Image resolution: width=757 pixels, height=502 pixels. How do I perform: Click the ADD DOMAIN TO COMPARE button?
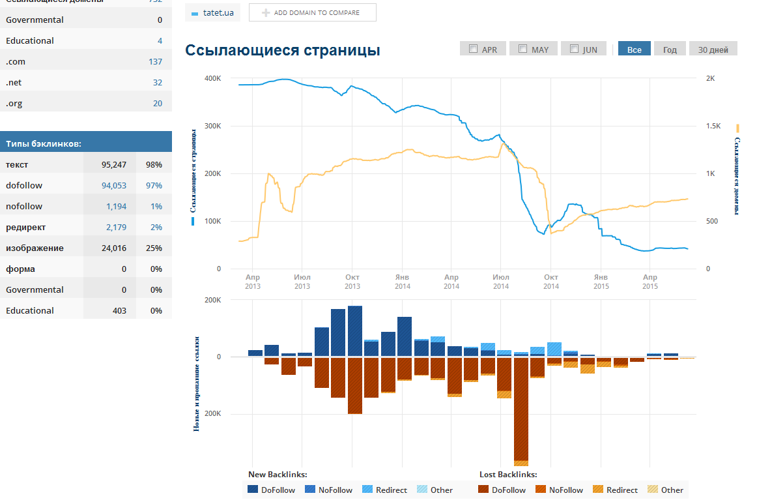click(313, 12)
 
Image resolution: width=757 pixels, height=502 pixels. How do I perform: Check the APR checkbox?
click(474, 49)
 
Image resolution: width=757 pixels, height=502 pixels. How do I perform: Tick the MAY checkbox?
click(523, 49)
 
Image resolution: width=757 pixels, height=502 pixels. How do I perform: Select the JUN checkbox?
click(574, 49)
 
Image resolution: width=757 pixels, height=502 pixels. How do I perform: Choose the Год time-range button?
click(670, 50)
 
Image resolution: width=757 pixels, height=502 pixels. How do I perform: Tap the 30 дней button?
click(713, 50)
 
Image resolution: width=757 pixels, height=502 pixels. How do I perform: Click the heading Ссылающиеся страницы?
click(283, 50)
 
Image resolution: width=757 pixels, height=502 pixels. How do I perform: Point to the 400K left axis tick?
click(212, 78)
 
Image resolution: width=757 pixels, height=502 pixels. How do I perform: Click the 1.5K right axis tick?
click(714, 126)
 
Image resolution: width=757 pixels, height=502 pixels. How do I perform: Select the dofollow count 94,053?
click(114, 186)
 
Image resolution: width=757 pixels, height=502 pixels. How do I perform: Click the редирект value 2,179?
click(116, 228)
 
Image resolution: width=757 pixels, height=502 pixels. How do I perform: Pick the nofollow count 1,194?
click(116, 207)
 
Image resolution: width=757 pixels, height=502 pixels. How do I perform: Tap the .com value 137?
click(155, 62)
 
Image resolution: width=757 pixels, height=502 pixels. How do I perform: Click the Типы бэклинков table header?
click(44, 143)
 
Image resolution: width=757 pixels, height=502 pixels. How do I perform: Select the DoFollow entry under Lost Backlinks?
click(502, 490)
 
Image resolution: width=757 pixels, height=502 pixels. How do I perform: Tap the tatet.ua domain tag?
click(212, 12)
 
